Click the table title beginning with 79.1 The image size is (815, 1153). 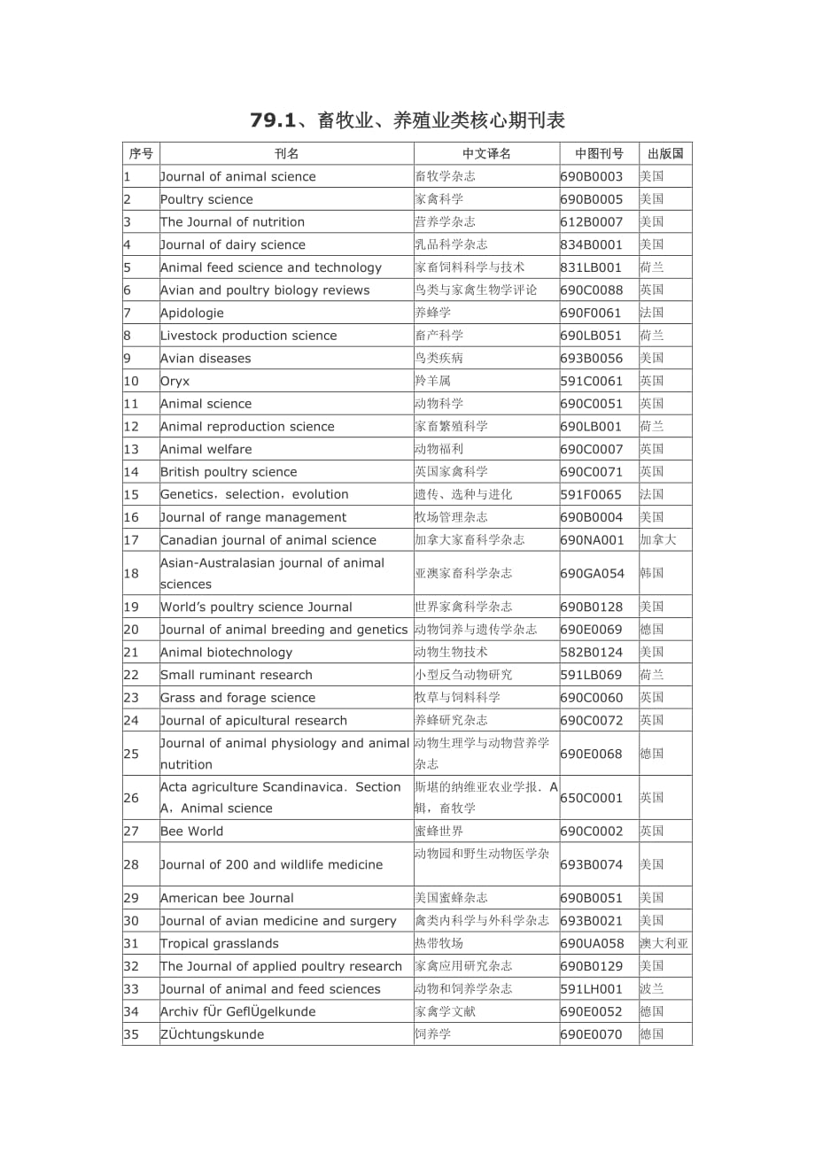(407, 120)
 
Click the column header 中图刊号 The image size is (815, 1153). (599, 154)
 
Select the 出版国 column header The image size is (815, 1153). (665, 154)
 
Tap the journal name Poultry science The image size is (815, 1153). (206, 199)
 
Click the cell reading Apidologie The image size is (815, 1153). (192, 313)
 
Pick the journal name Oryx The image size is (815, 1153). (175, 381)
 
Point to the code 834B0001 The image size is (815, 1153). (592, 244)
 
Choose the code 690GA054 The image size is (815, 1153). (592, 573)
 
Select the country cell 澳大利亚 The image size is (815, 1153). (664, 943)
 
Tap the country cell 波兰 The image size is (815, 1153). (652, 989)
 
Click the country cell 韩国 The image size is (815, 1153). (652, 573)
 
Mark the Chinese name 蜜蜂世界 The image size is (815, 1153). (439, 831)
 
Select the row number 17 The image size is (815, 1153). (131, 540)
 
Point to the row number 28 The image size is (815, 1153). (131, 864)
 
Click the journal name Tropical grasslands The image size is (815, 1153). (220, 943)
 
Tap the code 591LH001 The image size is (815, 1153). (592, 989)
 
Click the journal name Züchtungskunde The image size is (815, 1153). (212, 1034)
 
